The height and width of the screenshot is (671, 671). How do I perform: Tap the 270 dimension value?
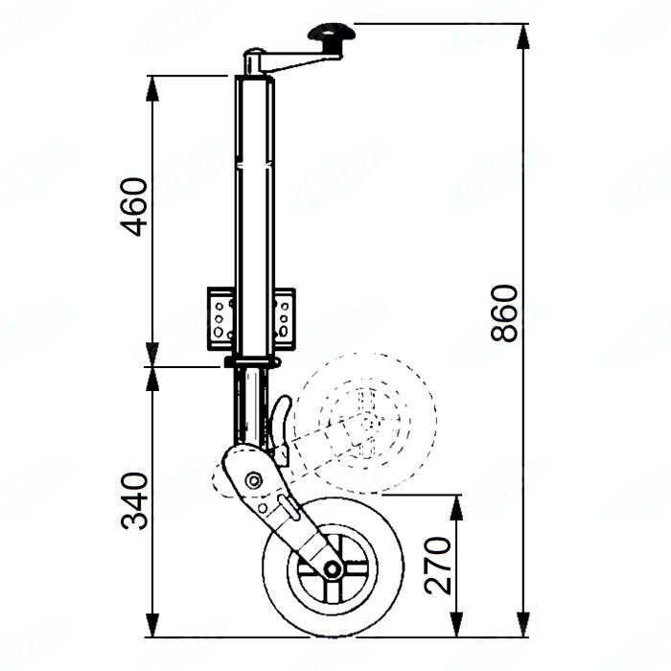(x=439, y=566)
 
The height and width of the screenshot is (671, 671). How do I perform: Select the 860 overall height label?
(x=504, y=312)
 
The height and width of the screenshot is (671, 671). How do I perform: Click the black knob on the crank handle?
(x=331, y=37)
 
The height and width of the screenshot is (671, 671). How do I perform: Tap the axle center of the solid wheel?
(x=332, y=568)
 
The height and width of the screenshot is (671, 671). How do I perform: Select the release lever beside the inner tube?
(x=281, y=427)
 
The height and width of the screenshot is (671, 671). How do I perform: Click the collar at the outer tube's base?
(x=252, y=361)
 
